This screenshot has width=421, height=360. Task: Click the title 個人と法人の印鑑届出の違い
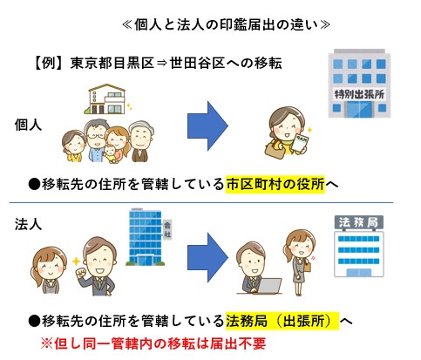[227, 25]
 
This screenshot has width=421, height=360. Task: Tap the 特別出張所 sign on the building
[359, 94]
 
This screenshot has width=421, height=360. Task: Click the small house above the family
[107, 98]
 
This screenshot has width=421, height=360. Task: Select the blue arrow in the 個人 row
[207, 126]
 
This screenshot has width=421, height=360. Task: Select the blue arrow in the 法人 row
[207, 257]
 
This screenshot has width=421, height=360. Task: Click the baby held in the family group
[111, 153]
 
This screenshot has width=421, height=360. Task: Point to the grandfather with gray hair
[141, 141]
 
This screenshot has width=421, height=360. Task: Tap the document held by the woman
[301, 142]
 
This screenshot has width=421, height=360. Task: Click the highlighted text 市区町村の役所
[275, 184]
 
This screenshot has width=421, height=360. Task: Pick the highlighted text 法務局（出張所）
[282, 321]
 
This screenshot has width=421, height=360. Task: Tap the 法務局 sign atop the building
[359, 222]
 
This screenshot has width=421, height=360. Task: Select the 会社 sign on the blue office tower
[167, 229]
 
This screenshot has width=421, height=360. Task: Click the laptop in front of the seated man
[269, 286]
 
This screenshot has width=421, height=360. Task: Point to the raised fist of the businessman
[81, 274]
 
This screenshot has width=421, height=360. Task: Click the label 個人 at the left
[28, 126]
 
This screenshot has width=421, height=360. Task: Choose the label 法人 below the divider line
[28, 224]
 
